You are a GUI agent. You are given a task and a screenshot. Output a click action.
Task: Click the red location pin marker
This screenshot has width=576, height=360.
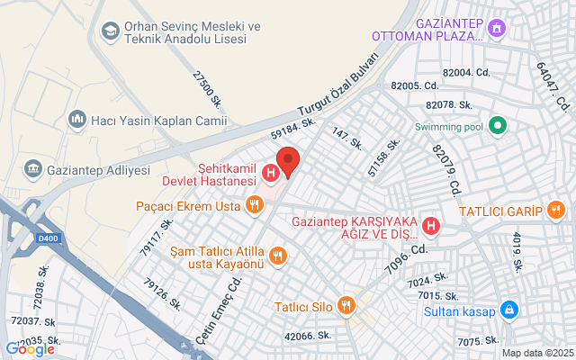(x=287, y=159)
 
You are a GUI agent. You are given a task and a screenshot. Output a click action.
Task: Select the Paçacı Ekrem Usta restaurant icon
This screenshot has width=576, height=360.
(x=256, y=206)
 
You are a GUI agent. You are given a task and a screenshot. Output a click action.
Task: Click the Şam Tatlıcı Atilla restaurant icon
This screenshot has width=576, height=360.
(x=278, y=255)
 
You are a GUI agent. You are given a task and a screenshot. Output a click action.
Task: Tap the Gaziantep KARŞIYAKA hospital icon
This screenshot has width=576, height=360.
(x=431, y=224)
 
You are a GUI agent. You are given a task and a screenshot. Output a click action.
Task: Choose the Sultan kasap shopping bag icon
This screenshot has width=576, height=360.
(x=509, y=310)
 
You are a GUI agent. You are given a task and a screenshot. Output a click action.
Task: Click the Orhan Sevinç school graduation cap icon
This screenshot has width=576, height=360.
(x=110, y=32)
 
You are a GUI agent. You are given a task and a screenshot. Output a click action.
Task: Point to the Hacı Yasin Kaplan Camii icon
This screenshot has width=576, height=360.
(x=76, y=118)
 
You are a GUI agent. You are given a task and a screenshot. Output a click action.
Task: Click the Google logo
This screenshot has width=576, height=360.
(x=30, y=349)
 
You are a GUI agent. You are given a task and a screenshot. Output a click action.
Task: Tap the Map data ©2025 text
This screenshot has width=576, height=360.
(x=536, y=353)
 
